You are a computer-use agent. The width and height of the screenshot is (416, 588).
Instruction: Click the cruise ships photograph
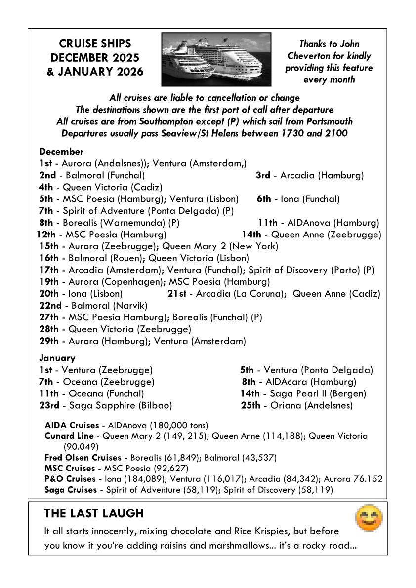216,59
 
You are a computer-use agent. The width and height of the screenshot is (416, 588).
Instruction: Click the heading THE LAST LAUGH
94,513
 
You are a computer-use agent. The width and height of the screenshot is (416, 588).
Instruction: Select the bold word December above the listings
61,152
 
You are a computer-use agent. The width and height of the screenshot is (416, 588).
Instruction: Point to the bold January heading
57,358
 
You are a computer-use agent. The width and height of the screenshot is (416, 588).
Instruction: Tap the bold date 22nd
50,305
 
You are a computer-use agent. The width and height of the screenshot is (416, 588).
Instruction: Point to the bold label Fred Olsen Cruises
83,457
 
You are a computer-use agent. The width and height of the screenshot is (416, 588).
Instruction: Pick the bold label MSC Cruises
69,468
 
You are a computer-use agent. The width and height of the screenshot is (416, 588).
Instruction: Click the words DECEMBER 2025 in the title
95,58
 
